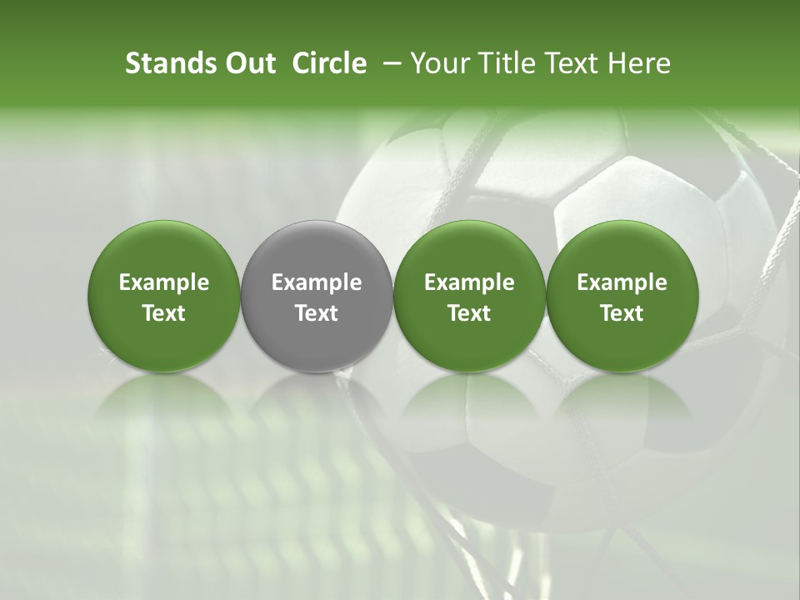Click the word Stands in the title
(169, 63)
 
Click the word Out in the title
(248, 63)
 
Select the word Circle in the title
(329, 63)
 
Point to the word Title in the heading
(504, 63)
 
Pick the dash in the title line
(388, 63)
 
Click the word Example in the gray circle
(317, 282)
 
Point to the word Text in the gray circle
(317, 313)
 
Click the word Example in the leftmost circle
(164, 282)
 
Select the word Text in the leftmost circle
(164, 313)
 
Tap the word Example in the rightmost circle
(622, 282)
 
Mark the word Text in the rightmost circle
(622, 313)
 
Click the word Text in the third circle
(469, 313)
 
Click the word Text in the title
(574, 63)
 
